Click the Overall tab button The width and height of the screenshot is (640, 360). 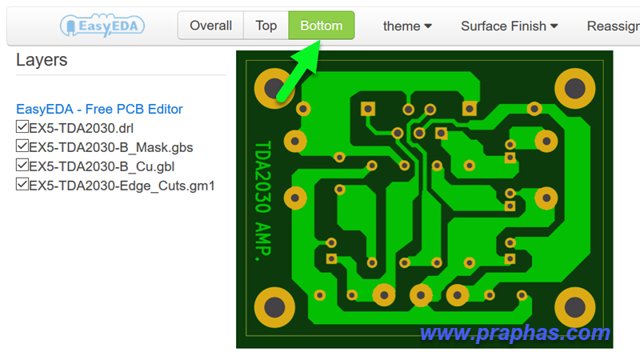click(210, 26)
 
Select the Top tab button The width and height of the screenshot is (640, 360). click(266, 26)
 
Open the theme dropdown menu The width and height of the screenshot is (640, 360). click(407, 26)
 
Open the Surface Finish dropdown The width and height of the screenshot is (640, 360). click(509, 26)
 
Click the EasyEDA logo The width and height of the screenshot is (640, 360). click(102, 26)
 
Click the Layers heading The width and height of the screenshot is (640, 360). click(42, 60)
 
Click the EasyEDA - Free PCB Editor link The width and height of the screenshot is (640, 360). click(99, 109)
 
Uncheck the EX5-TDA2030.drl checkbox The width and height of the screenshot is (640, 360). click(22, 127)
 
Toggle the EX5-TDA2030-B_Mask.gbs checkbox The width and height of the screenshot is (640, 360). click(22, 146)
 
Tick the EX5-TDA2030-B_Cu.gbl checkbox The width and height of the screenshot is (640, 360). click(22, 166)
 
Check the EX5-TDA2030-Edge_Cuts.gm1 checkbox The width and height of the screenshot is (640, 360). click(22, 185)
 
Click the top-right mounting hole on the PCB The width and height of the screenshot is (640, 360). click(574, 89)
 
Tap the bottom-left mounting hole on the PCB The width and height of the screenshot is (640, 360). click(274, 307)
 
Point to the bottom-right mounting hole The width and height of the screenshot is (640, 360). click(574, 307)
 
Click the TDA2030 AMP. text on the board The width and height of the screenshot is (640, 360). click(263, 201)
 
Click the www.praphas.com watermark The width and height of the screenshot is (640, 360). click(515, 333)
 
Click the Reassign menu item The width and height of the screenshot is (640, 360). click(613, 26)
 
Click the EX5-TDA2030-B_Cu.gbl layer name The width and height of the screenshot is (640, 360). click(102, 166)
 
